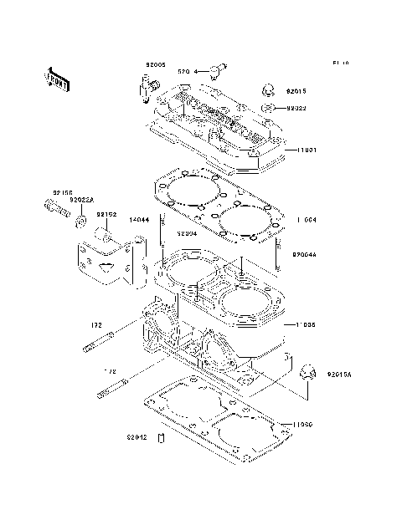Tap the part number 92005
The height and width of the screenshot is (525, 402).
pos(156,64)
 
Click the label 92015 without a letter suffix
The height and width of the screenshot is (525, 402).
pos(297,90)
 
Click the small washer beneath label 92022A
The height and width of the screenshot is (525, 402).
pos(80,221)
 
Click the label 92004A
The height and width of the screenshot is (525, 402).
pos(305,253)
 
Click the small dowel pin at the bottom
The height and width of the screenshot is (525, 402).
pos(164,439)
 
